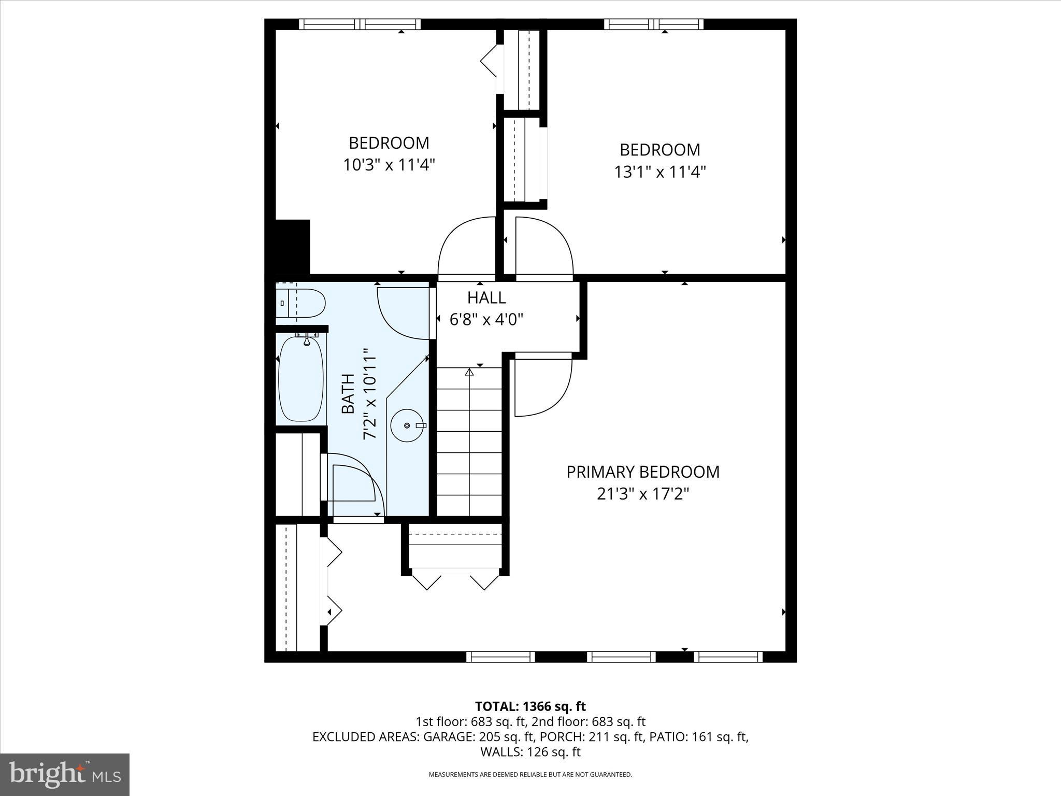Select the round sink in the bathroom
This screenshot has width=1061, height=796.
pyautogui.click(x=407, y=425)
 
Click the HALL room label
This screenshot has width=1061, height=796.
pyautogui.click(x=486, y=297)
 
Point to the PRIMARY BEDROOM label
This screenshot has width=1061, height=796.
pyautogui.click(x=642, y=472)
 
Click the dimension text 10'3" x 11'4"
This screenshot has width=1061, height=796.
pyautogui.click(x=389, y=165)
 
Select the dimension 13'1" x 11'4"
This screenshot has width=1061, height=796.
pyautogui.click(x=660, y=172)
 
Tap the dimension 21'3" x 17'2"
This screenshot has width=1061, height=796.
pyautogui.click(x=642, y=494)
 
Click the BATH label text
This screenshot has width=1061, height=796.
pyautogui.click(x=348, y=394)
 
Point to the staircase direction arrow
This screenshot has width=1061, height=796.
pyautogui.click(x=469, y=372)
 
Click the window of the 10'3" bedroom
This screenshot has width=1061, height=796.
pyautogui.click(x=360, y=24)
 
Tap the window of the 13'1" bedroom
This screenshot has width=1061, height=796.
pyautogui.click(x=653, y=24)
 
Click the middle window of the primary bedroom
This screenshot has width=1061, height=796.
pyautogui.click(x=621, y=657)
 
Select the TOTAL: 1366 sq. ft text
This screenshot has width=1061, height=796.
pyautogui.click(x=530, y=706)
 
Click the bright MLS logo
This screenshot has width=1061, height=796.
pyautogui.click(x=65, y=774)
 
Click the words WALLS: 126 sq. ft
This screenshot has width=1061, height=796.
pyautogui.click(x=530, y=751)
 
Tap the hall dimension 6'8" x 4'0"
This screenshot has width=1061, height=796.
pyautogui.click(x=486, y=320)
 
